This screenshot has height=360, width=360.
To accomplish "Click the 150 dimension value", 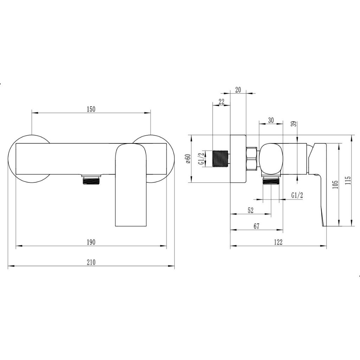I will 91,109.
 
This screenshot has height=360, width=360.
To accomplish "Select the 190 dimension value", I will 91,242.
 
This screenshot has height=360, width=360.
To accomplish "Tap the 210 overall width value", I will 91,262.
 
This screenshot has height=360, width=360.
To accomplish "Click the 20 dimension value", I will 238,90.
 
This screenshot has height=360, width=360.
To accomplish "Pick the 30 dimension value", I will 271,120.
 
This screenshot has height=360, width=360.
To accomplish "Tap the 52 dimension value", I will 251,210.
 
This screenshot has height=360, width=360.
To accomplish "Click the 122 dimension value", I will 278,242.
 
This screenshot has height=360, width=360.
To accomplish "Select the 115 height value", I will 348,180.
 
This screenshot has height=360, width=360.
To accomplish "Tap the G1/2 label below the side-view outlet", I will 297,195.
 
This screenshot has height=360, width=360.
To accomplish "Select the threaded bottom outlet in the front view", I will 91,180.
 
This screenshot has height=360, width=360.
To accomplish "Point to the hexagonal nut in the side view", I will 252,158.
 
